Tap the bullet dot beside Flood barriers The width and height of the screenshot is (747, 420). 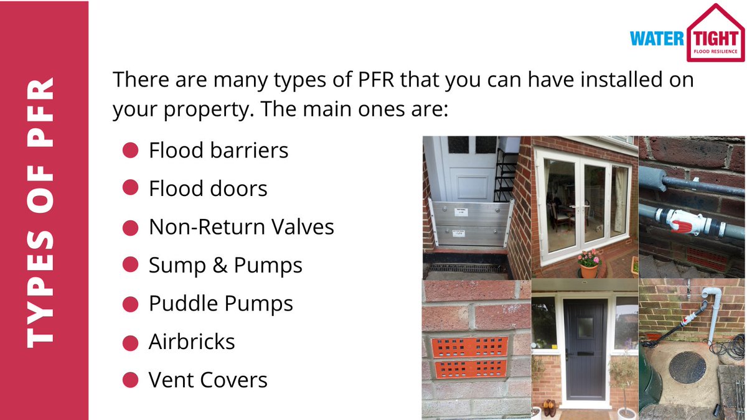pos(130,151)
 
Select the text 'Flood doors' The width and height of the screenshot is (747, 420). pos(208,189)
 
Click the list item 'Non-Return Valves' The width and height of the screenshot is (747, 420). pos(242,227)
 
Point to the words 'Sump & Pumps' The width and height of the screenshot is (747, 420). pos(225,266)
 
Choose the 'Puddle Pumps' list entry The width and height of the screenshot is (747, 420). pos(220,304)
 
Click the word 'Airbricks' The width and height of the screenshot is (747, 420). pos(192,342)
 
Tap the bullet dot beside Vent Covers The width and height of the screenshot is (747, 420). pos(130,380)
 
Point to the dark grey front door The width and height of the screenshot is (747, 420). pos(585,348)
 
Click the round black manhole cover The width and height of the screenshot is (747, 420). pos(687,367)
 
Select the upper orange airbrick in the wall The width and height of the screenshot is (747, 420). pos(469,346)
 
